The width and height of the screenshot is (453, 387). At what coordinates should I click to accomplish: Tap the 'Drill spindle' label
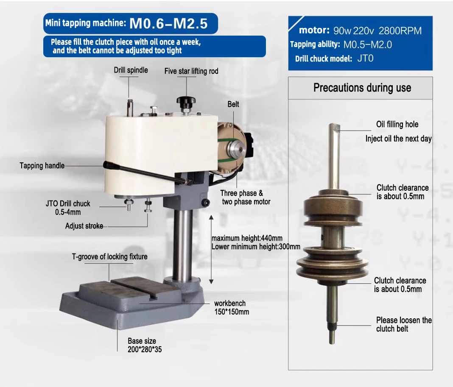click(x=131, y=70)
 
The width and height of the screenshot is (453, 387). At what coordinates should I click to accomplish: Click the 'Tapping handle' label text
click(x=42, y=165)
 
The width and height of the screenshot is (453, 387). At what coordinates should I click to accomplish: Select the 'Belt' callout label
click(x=233, y=104)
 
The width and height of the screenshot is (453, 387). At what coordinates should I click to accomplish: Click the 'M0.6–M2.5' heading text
click(x=168, y=23)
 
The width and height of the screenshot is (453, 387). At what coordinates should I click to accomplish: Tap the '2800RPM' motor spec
click(x=400, y=31)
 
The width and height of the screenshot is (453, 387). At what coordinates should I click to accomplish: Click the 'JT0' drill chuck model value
click(x=365, y=58)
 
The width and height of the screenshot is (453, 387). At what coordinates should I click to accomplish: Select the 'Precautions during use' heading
click(x=362, y=88)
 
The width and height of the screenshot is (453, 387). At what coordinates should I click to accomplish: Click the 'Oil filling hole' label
click(x=397, y=124)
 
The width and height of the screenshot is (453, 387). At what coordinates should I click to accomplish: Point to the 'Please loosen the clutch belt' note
click(x=403, y=324)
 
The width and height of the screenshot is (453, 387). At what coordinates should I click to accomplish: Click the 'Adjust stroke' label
click(x=84, y=226)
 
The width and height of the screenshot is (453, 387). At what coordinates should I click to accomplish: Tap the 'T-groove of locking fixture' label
click(x=109, y=256)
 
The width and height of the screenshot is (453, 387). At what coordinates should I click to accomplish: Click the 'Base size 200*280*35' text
click(x=145, y=345)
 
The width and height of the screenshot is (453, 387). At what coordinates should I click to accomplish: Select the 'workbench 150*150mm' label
click(x=231, y=307)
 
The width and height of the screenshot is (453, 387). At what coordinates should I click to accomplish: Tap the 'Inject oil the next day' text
click(x=398, y=139)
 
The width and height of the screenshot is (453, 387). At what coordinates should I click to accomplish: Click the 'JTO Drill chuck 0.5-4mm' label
click(x=68, y=207)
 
